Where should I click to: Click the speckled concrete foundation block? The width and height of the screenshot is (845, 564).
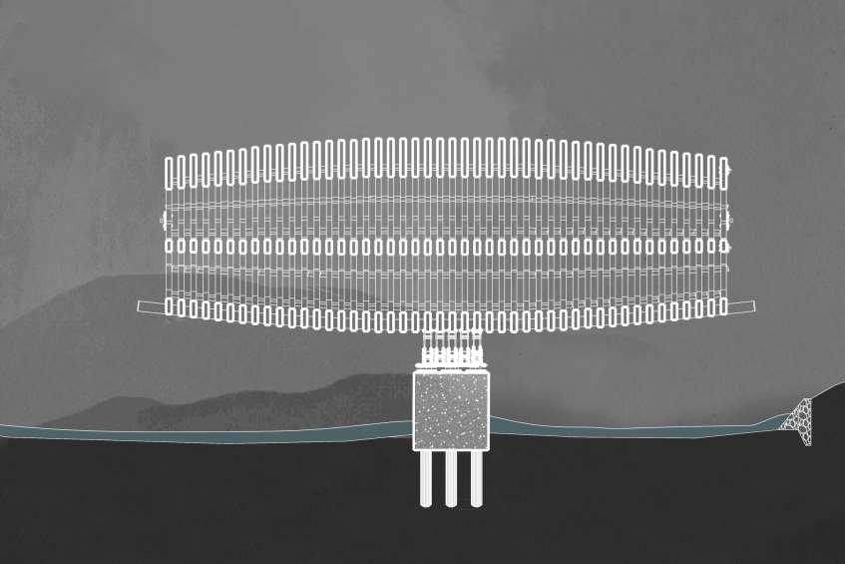coord(451,410)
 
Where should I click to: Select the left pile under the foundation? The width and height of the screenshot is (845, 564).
coord(426,478)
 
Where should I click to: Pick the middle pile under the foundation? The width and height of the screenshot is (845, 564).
coord(451,478)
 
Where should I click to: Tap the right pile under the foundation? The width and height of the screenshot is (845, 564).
coord(476,478)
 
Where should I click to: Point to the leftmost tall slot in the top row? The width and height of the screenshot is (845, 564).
coord(170,172)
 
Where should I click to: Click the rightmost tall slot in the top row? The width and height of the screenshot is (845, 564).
coord(723,172)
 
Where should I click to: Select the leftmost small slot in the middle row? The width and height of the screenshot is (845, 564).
coord(169,245)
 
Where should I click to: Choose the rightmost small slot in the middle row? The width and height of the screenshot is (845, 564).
coord(724,246)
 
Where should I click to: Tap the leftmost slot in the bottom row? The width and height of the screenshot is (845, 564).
coord(170,305)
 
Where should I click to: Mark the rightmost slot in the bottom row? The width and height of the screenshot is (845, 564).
coord(723,305)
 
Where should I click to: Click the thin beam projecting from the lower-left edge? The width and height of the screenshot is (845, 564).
coord(151,306)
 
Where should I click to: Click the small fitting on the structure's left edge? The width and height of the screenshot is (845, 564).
coord(163,220)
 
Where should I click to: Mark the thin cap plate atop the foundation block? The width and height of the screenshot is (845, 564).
coord(451,369)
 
